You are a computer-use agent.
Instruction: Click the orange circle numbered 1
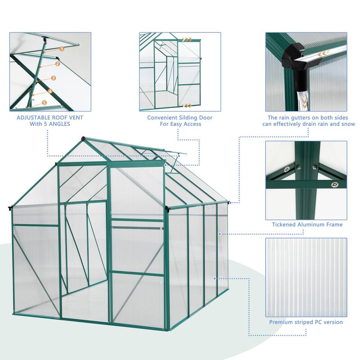(62, 48)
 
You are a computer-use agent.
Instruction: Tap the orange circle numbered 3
(54, 78)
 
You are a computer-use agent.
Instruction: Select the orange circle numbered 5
(44, 103)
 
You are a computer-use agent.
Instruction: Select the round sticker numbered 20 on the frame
(287, 170)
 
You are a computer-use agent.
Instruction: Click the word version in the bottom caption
(332, 322)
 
